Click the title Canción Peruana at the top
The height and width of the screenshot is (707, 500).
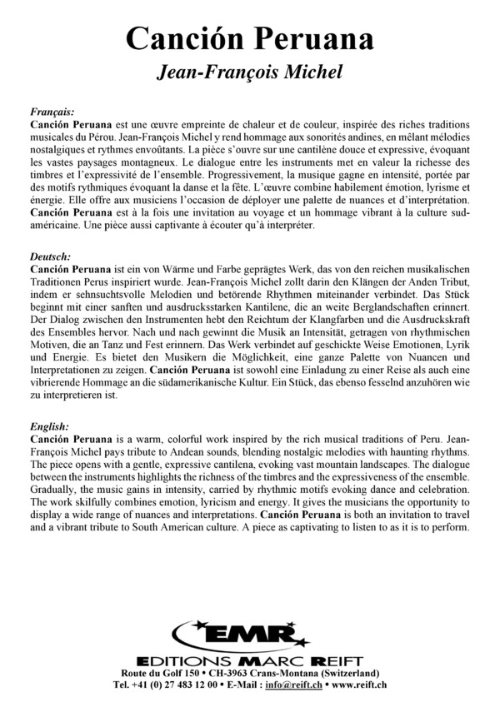coord(250,39)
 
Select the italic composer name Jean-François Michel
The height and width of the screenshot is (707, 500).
coord(250,73)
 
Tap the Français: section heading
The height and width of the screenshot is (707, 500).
coord(52,110)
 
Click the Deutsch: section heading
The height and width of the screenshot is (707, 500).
coord(50,257)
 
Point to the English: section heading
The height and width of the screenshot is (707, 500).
coord(50,426)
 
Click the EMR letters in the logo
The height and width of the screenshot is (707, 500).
coord(249,635)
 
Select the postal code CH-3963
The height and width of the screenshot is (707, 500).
coord(233,673)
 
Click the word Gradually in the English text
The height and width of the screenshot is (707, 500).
coord(52,490)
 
